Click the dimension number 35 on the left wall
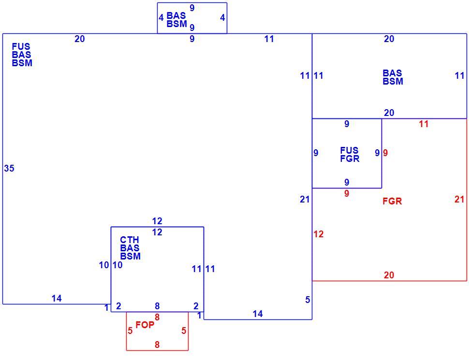tap(9, 168)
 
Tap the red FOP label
tap(145, 325)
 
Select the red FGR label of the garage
tap(392, 201)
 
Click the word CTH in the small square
tap(130, 240)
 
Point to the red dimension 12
tap(319, 234)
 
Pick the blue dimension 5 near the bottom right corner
tap(308, 300)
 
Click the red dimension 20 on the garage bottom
tap(389, 275)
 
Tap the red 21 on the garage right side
tap(459, 199)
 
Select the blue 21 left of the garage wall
tap(305, 199)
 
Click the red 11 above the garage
tap(424, 124)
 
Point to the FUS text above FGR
tap(349, 150)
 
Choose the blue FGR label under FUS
tap(350, 158)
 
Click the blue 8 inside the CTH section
tap(157, 306)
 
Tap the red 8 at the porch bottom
tap(157, 345)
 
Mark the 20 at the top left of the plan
tap(80, 39)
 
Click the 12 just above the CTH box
tap(157, 221)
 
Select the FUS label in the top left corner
tap(21, 47)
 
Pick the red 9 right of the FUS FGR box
tap(385, 153)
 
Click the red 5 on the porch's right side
tap(184, 331)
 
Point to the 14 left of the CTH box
tap(57, 299)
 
